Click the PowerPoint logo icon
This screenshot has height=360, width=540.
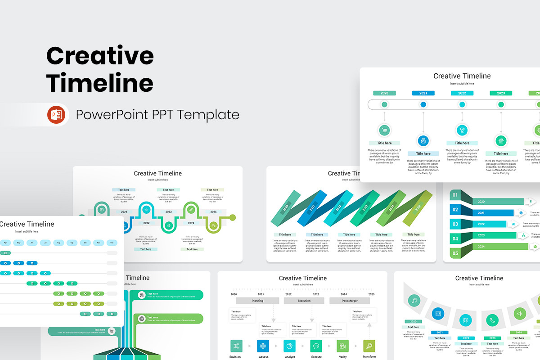(56, 115)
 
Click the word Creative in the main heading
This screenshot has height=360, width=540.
(100, 56)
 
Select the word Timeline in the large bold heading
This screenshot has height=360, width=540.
(100, 83)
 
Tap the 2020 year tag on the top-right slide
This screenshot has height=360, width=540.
(384, 93)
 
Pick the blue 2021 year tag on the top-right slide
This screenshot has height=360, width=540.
(423, 93)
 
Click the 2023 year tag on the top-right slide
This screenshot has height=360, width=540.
(500, 93)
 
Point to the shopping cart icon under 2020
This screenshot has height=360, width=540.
(384, 130)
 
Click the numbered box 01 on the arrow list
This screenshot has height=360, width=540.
(455, 195)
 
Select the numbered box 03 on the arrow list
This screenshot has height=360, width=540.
(455, 224)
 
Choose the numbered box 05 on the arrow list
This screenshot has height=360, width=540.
(455, 253)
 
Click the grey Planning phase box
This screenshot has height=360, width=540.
(257, 301)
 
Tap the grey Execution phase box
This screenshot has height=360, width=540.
(304, 301)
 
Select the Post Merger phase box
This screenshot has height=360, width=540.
(350, 301)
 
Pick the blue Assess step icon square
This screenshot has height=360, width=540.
(263, 346)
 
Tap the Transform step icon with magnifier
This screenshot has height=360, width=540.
(369, 346)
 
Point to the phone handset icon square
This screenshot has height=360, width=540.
(492, 320)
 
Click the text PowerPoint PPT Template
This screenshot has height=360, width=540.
(157, 115)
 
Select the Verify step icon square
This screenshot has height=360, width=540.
(342, 346)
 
